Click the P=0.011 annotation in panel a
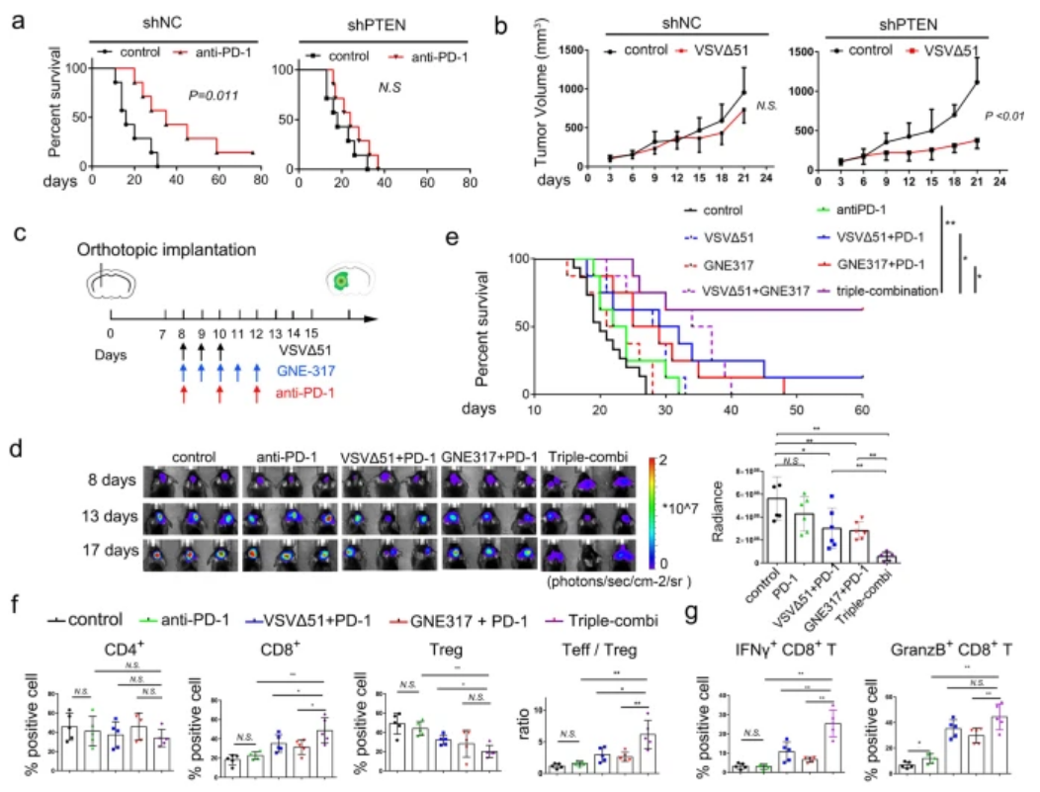216,96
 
